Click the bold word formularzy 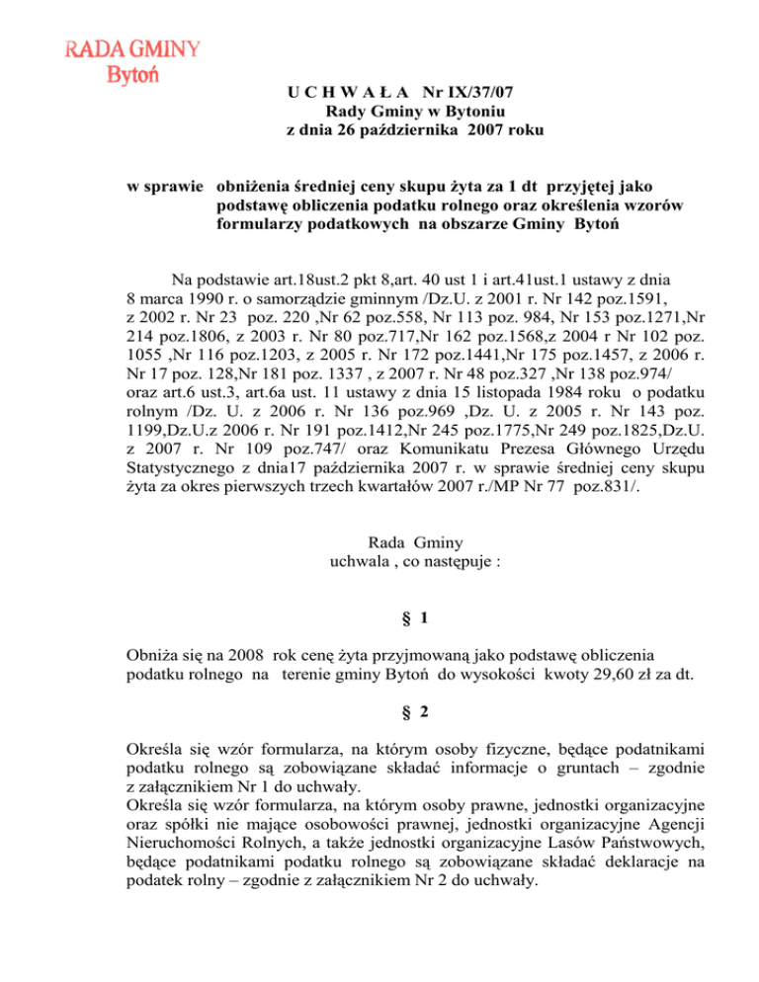[x=262, y=224]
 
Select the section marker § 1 [x=418, y=618]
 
